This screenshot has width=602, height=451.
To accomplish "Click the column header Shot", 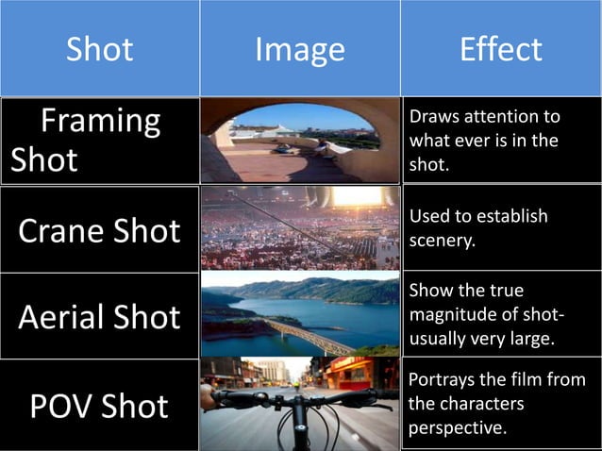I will pyautogui.click(x=99, y=48).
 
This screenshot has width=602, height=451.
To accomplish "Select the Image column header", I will pyautogui.click(x=300, y=48).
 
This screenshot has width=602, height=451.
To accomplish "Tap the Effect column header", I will pyautogui.click(x=500, y=48).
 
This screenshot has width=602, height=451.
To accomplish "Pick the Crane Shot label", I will pyautogui.click(x=100, y=230).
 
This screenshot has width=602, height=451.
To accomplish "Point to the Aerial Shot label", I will pyautogui.click(x=100, y=317).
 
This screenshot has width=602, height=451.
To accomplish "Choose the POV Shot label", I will pyautogui.click(x=100, y=406).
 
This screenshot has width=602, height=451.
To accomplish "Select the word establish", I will pyautogui.click(x=514, y=216).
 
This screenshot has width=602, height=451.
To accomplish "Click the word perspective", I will pyautogui.click(x=458, y=427).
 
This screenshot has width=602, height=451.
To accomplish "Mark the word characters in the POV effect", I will pyautogui.click(x=478, y=404).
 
